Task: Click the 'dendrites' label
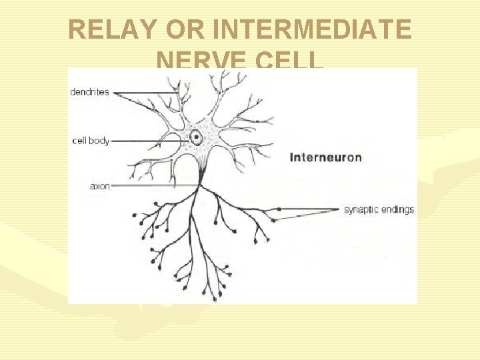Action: click(x=89, y=92)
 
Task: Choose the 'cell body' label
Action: click(x=91, y=141)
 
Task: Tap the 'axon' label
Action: click(x=100, y=187)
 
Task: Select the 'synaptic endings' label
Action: click(x=379, y=209)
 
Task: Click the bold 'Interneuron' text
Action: click(x=326, y=158)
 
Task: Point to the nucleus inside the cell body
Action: click(x=197, y=138)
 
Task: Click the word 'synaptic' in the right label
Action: click(x=361, y=209)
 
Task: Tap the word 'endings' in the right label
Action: click(x=397, y=209)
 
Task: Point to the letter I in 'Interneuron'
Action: click(x=292, y=158)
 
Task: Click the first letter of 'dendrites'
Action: click(x=72, y=92)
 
